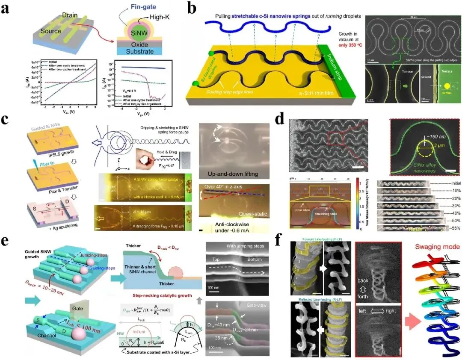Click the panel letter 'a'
click(x=6, y=9)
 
